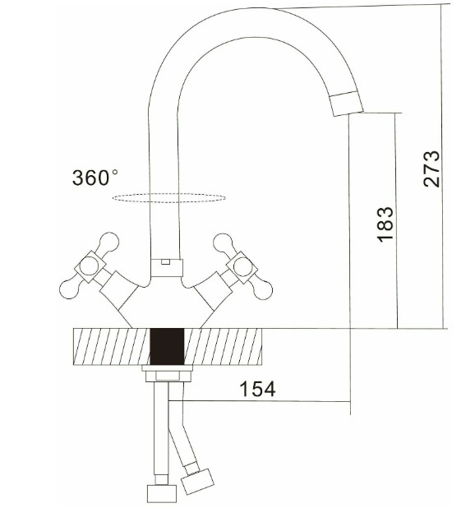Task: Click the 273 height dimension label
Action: [x=431, y=169]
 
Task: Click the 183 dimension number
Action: [x=385, y=224]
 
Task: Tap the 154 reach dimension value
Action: [x=257, y=389]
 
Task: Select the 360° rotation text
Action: [x=95, y=178]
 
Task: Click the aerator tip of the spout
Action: [x=347, y=104]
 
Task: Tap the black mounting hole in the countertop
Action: [x=167, y=347]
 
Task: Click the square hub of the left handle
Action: [x=90, y=266]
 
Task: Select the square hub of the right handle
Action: [x=242, y=267]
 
